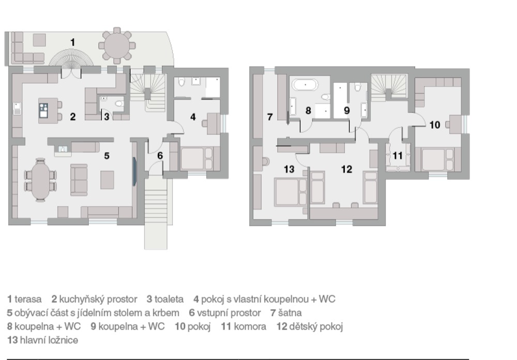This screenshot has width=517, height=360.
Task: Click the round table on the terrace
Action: [117, 46]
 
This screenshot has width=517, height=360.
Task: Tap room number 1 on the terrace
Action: [72, 42]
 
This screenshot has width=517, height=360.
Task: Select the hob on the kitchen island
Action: [43, 111]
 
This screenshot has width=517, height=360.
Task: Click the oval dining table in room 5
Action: [40, 180]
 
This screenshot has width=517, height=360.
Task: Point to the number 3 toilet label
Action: [107, 116]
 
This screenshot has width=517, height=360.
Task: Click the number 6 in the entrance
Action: [160, 155]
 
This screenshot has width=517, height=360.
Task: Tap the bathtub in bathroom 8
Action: [306, 85]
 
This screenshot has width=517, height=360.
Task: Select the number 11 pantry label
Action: [398, 155]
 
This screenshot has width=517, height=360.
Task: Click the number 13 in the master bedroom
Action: [289, 169]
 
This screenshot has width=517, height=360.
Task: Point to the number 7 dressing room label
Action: [270, 117]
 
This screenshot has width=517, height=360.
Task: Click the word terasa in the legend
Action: [28, 299]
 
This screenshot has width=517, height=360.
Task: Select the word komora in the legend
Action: [250, 327]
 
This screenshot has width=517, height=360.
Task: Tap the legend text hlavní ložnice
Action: [49, 340]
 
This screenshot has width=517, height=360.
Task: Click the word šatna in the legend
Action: [290, 313]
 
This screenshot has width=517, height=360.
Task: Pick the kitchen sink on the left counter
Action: [17, 109]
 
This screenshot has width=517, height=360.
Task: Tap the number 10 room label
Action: [435, 125]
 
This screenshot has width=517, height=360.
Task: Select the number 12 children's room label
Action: [346, 169]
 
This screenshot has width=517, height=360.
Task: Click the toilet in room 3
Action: [119, 103]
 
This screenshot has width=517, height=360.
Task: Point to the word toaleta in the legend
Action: [169, 299]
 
